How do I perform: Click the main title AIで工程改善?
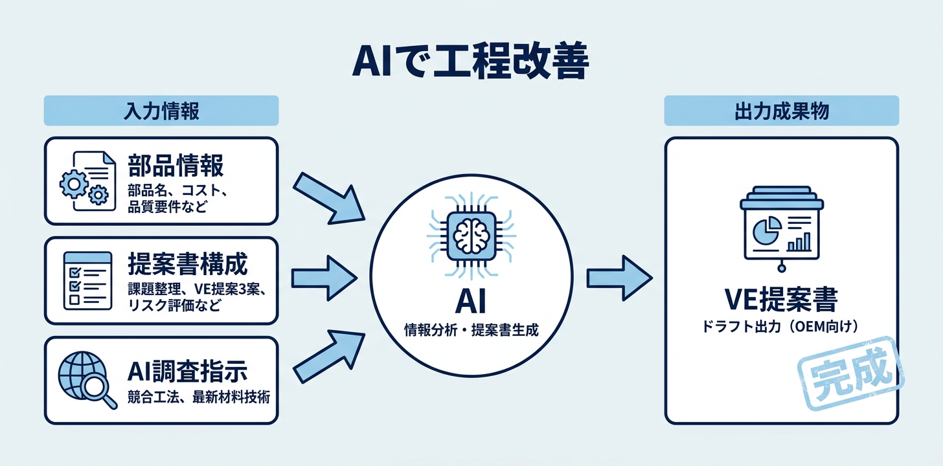(470, 60)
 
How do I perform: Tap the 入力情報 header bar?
(161, 111)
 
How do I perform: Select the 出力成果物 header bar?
(781, 111)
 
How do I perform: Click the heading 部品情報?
(176, 166)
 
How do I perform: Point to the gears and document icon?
(87, 181)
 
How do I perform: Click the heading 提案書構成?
(188, 264)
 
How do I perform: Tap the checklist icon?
(87, 281)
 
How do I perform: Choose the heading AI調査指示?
(187, 371)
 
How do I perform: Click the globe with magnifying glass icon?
(87, 380)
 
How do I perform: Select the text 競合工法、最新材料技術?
(199, 397)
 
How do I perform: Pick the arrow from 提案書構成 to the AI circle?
(324, 278)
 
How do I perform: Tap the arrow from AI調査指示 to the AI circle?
(329, 357)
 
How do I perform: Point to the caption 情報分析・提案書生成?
(471, 330)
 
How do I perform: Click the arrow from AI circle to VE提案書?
(620, 278)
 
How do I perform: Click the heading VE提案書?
(781, 300)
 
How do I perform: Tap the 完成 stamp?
(851, 374)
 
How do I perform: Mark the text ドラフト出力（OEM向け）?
(781, 327)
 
